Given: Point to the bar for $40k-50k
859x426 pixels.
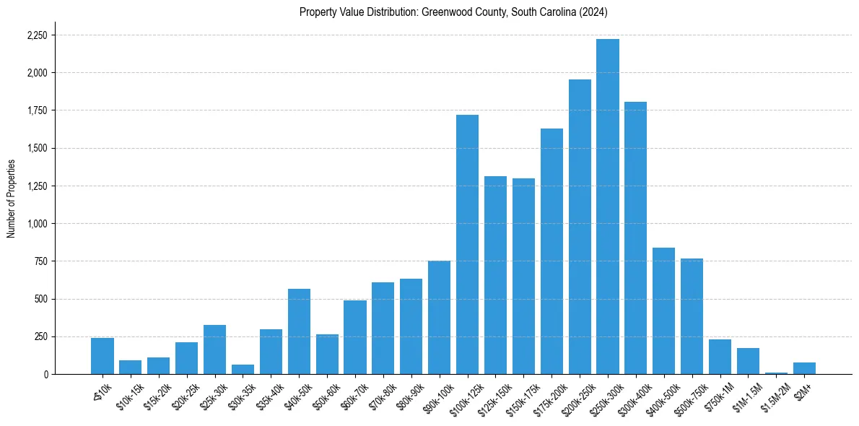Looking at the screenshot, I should (x=299, y=331).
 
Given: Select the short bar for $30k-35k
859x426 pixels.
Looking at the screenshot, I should (x=243, y=369).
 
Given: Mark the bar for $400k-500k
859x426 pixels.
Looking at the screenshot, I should (x=663, y=310).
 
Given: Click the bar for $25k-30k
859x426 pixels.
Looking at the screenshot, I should (x=214, y=349).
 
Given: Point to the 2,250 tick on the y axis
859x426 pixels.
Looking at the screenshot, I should (x=37, y=35).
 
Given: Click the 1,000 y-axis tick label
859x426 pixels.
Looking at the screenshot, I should (x=37, y=224).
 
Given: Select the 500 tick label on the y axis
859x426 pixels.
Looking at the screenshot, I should (x=42, y=299).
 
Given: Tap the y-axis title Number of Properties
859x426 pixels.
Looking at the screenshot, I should (x=12, y=198).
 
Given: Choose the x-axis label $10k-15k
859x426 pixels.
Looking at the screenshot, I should (x=128, y=394).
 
